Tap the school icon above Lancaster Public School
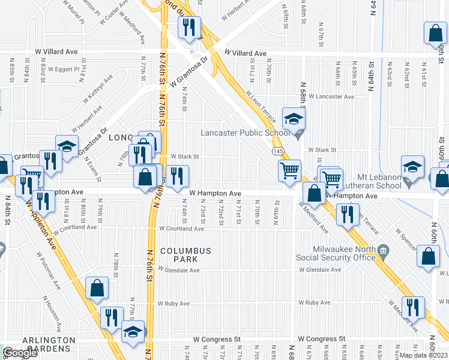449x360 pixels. point(294,119)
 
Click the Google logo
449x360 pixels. point(20,353)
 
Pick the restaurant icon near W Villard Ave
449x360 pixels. point(189,28)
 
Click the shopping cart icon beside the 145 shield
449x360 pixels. point(290,170)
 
